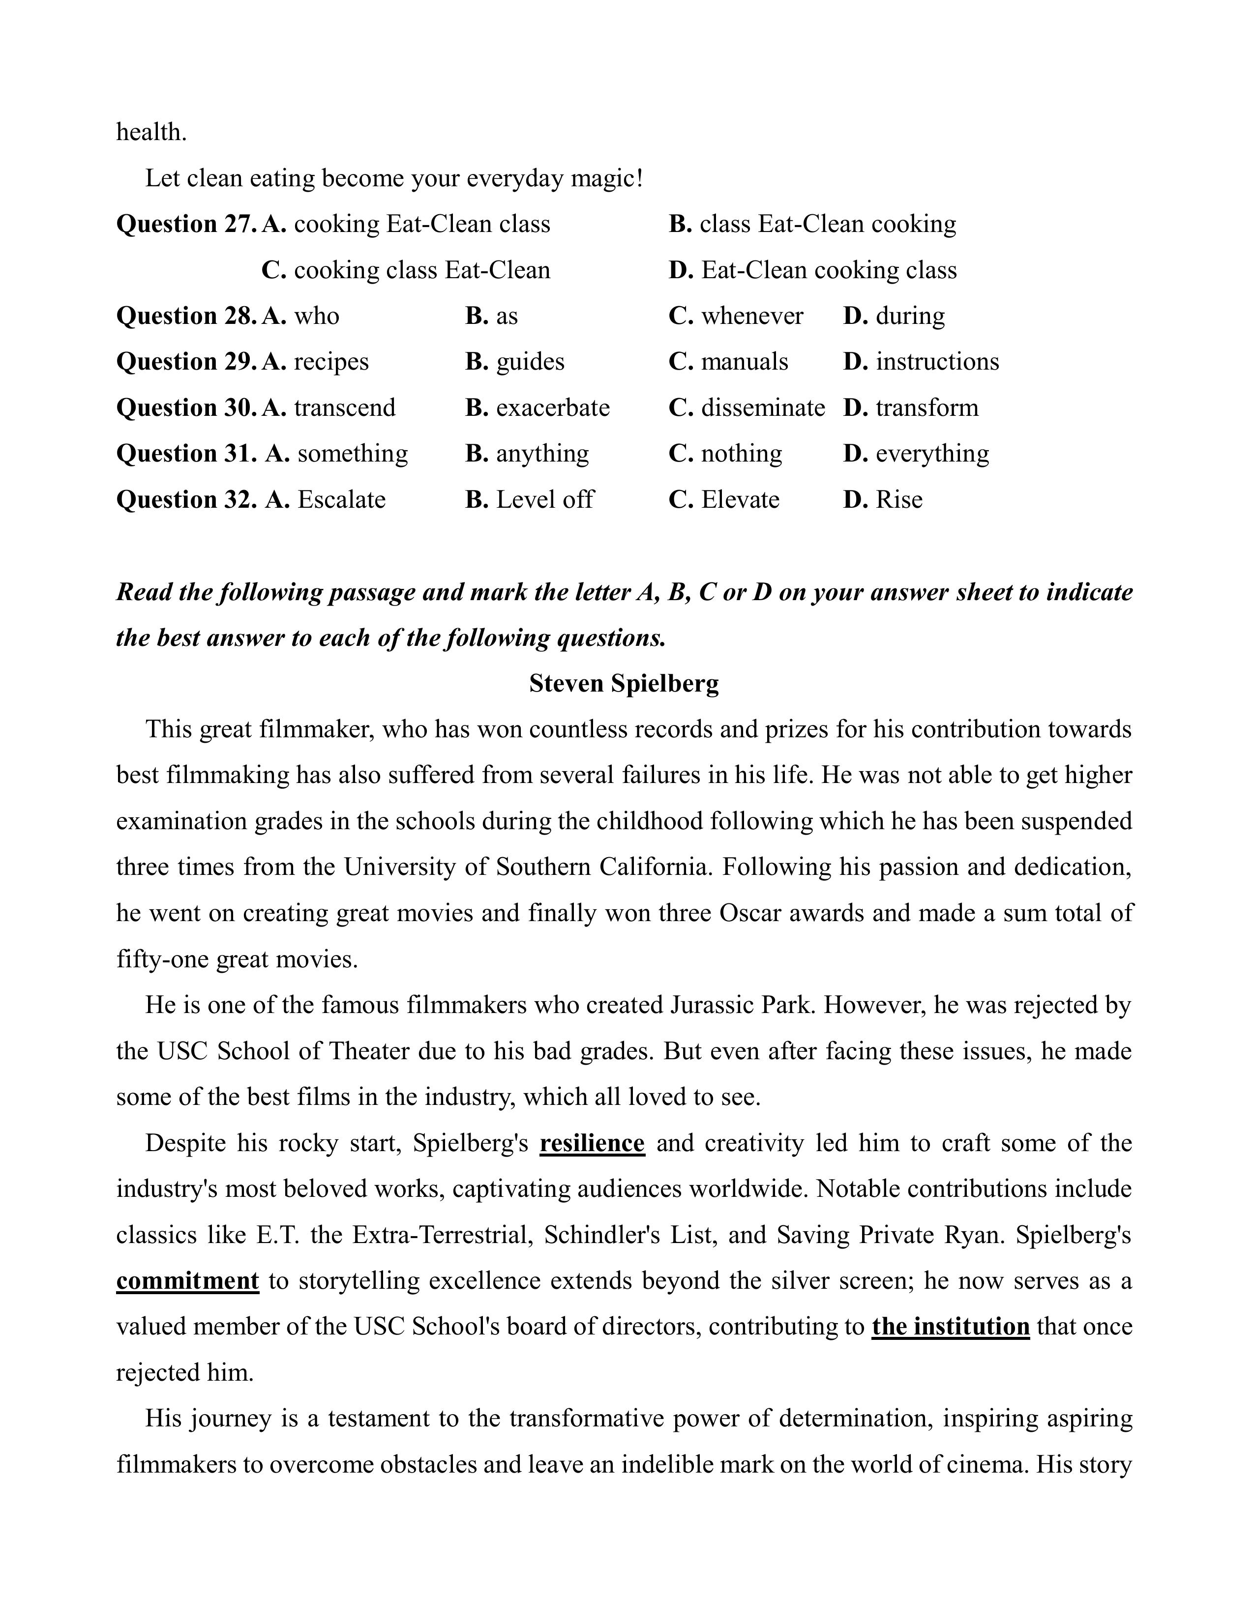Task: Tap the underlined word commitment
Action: [187, 1281]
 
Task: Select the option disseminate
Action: [762, 408]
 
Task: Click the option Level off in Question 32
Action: [544, 500]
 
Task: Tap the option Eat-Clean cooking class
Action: [828, 269]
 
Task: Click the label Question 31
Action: [186, 454]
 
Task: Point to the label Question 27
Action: [186, 224]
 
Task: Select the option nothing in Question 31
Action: [741, 454]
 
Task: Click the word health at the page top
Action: [151, 132]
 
